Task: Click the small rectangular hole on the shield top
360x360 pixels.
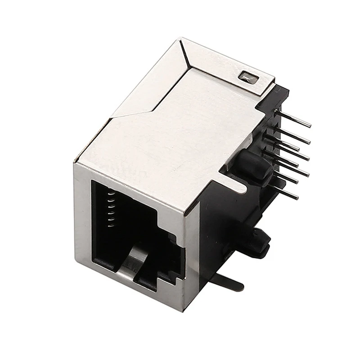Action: click(248, 78)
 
